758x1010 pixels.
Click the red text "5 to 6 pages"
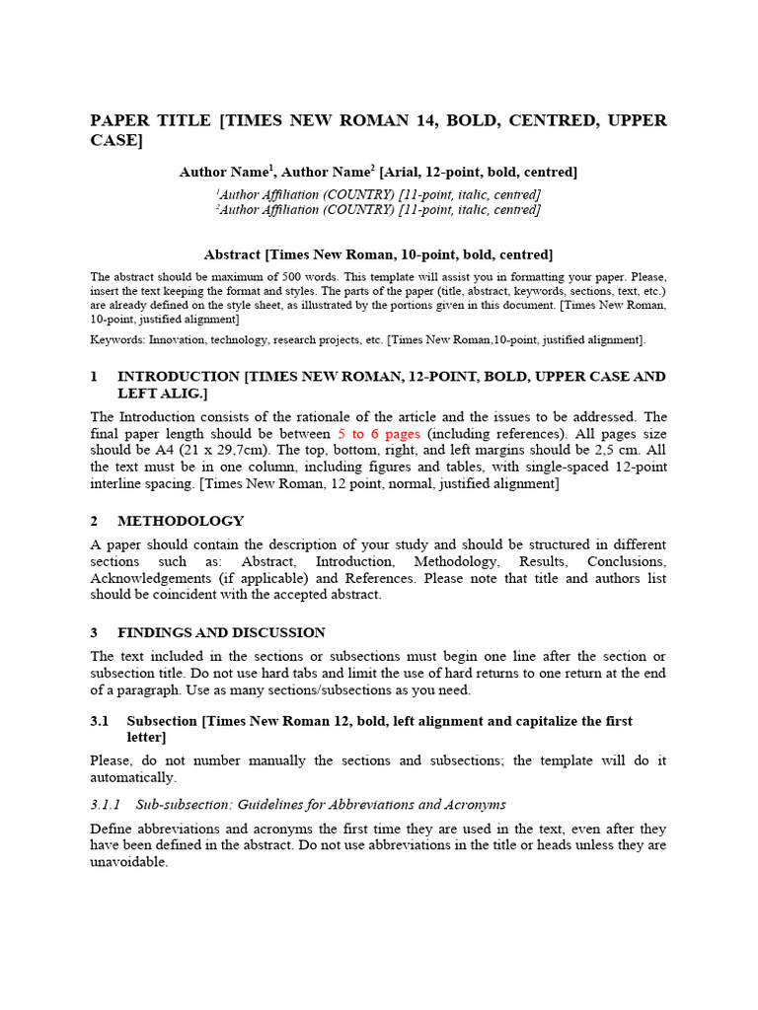coord(379,434)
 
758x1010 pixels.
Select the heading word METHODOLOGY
coord(181,521)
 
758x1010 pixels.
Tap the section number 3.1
coord(99,721)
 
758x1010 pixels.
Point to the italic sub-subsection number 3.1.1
coord(105,805)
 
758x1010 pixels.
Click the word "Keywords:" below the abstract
coord(117,340)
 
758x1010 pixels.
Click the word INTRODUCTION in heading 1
coord(179,377)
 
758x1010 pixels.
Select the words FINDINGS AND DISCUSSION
coord(221,632)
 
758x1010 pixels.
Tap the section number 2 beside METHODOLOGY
coord(94,521)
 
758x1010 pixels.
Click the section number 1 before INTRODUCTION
coord(94,377)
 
